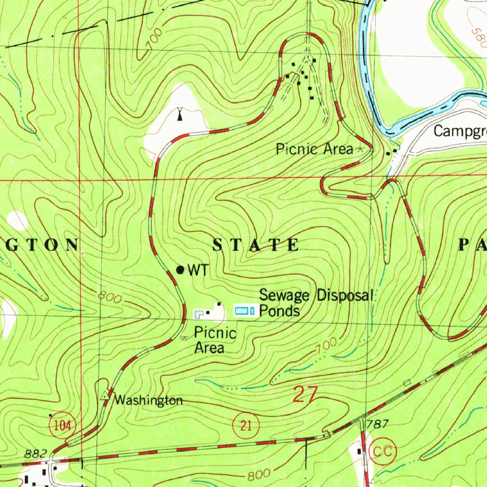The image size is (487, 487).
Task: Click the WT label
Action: tap(197, 271)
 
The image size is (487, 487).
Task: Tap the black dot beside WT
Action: tap(180, 270)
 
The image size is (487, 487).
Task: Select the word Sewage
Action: tap(283, 296)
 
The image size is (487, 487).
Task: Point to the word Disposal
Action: tap(345, 295)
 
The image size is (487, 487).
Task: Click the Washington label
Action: tap(148, 400)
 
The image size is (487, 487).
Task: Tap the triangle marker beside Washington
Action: tap(105, 396)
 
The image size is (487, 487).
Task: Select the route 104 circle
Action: tap(62, 425)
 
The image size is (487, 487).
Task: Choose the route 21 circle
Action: tap(246, 425)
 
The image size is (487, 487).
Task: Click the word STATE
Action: tap(255, 245)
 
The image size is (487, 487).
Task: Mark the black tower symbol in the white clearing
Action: tap(180, 115)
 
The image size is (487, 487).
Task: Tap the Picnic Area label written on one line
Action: tap(314, 149)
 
